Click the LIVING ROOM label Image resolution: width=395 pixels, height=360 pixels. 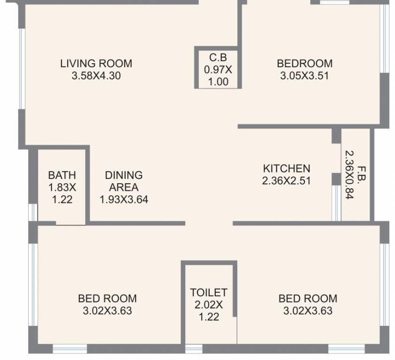coord(96,63)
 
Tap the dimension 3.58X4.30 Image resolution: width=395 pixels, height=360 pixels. coord(96,75)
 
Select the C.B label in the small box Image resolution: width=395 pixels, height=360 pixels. coord(218,57)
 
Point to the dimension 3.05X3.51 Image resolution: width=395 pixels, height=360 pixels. coord(304,75)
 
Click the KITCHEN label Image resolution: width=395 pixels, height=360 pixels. coord(287,168)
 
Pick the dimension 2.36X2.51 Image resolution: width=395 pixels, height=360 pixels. coord(287,181)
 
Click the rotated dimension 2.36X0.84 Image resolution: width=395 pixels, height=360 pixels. coord(349,175)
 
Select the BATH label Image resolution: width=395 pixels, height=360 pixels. coord(62,175)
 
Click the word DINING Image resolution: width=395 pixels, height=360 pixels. coord(124,175)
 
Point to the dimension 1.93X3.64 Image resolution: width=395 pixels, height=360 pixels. coord(124,199)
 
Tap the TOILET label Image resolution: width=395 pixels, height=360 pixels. coord(209,292)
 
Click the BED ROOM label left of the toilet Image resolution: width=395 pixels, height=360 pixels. coord(107,299)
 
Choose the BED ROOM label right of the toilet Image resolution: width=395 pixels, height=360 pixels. coord(308,299)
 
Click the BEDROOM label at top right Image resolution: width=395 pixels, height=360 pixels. coord(304,63)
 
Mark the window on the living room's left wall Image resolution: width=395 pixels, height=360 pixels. coord(22,69)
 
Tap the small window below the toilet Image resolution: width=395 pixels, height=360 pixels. coord(194,349)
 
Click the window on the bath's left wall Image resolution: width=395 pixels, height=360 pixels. coord(33,212)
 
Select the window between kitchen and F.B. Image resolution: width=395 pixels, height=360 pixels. coord(336,203)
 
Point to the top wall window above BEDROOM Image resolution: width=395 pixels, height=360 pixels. coord(334,2)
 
